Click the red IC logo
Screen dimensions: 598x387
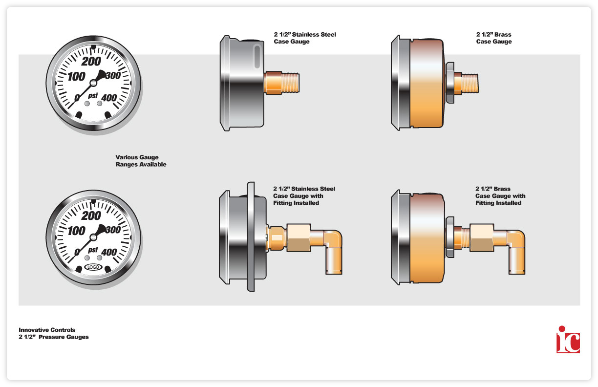pyautogui.click(x=568, y=340)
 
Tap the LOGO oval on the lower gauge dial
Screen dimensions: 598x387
pyautogui.click(x=93, y=267)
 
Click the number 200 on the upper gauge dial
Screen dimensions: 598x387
pyautogui.click(x=91, y=62)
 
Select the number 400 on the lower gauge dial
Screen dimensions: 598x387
pyautogui.click(x=109, y=252)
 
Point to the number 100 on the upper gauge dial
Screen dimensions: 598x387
pyautogui.click(x=76, y=77)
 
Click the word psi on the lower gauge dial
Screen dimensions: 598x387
pyautogui.click(x=93, y=250)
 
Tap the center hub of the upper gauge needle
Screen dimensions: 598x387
pyautogui.click(x=93, y=83)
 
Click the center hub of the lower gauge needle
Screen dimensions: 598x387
pyautogui.click(x=93, y=237)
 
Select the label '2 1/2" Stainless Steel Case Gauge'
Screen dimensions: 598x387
pyautogui.click(x=305, y=38)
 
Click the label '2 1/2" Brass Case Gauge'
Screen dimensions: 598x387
pyautogui.click(x=494, y=38)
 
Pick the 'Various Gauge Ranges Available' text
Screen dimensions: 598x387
pyautogui.click(x=141, y=161)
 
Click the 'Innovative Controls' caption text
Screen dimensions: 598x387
pyautogui.click(x=47, y=330)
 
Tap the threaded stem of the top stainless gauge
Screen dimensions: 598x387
pyautogui.click(x=290, y=83)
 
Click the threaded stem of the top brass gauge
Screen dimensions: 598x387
pyautogui.click(x=470, y=83)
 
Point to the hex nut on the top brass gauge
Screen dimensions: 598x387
pyautogui.click(x=450, y=83)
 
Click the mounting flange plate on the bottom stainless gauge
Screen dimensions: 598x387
pyautogui.click(x=251, y=236)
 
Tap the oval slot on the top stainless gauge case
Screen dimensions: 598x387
pyautogui.click(x=257, y=56)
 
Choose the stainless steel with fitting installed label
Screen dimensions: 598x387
pyautogui.click(x=304, y=196)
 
